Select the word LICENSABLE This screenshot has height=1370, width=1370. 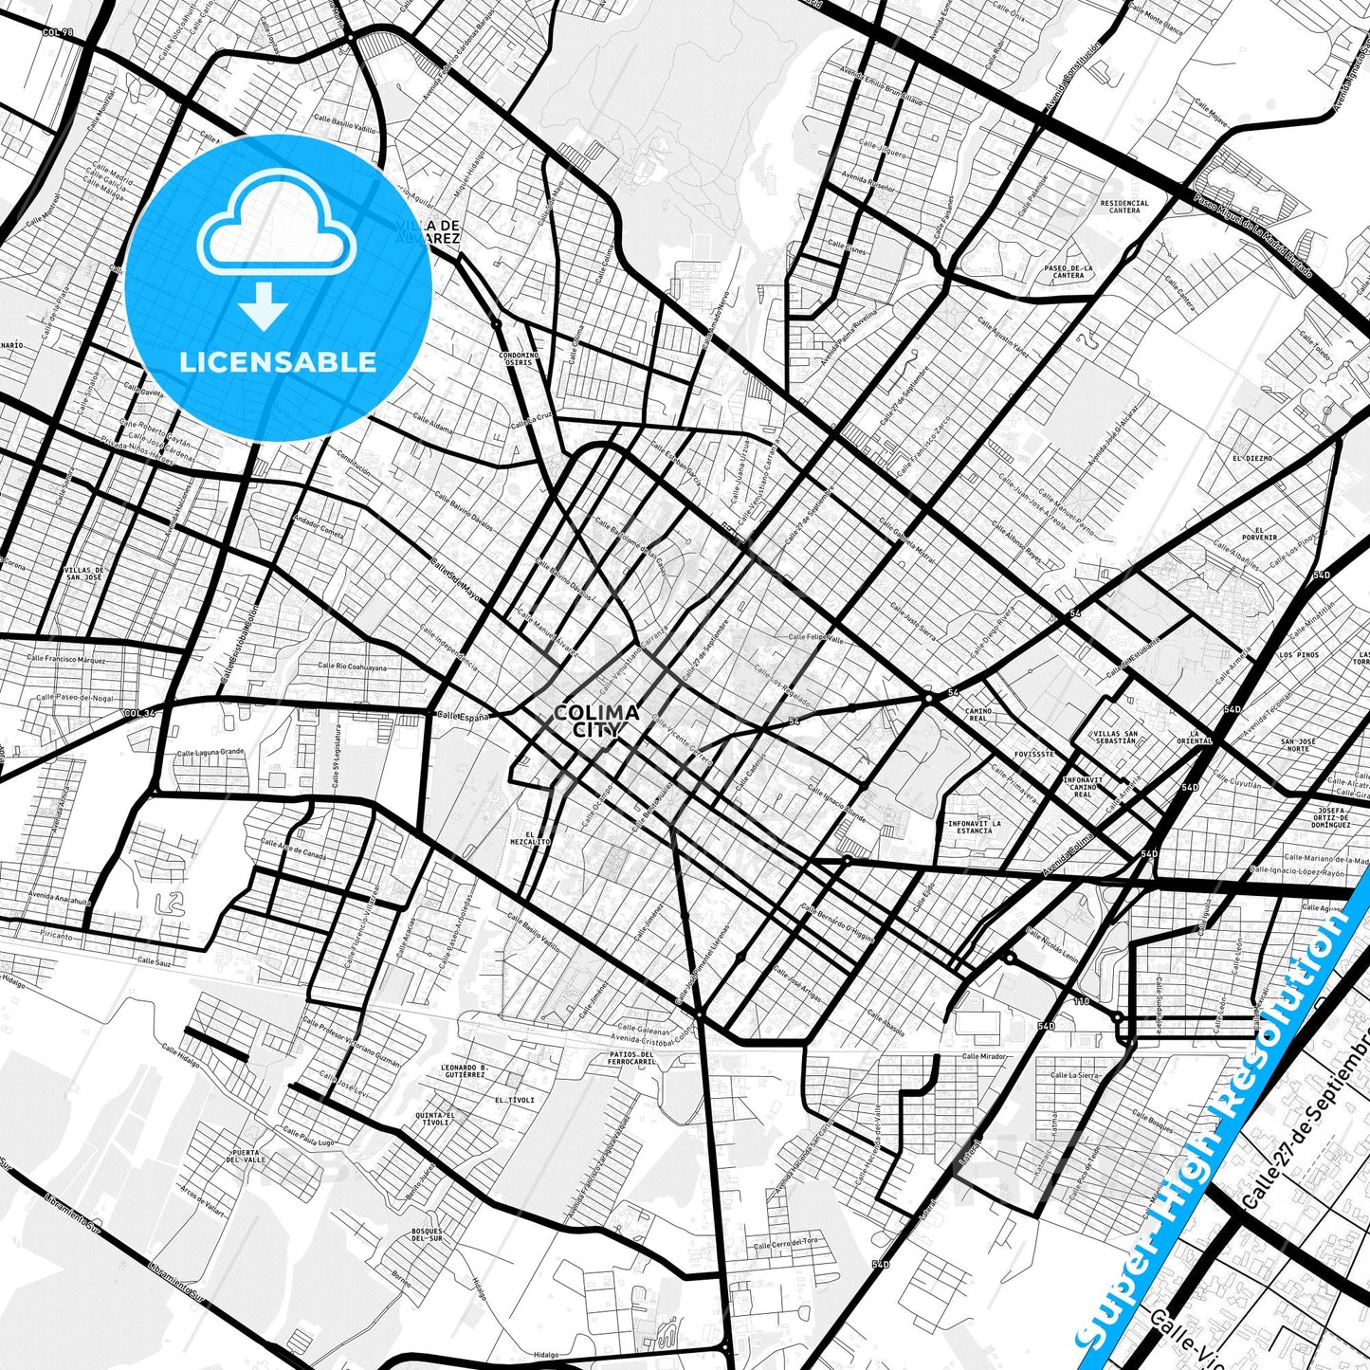click(278, 361)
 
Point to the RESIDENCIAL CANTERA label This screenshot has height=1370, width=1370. click(1124, 207)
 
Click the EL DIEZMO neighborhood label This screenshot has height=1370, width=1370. click(1252, 458)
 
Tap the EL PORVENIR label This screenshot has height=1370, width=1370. click(1259, 533)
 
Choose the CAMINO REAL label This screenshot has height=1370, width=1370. click(977, 714)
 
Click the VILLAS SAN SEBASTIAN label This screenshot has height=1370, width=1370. click(1115, 737)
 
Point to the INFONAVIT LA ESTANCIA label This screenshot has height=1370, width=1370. click(974, 827)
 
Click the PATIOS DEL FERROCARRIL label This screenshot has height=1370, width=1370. click(633, 1058)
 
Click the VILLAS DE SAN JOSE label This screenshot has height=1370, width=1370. click(82, 574)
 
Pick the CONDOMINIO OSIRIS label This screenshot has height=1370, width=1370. click(519, 358)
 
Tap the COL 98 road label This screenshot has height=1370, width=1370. click(58, 32)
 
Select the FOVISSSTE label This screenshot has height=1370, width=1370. click(1033, 755)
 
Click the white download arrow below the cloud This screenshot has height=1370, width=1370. click(264, 307)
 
